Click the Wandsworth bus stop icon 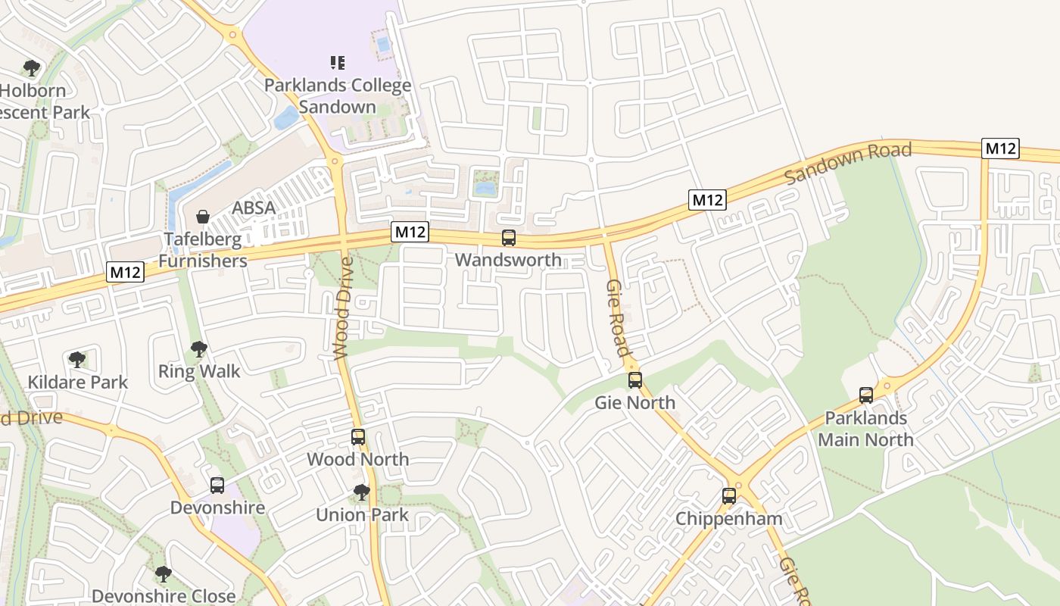(x=509, y=238)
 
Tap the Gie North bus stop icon (x=634, y=380)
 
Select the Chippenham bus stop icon (x=728, y=496)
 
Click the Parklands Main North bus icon (x=865, y=395)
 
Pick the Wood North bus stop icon (x=358, y=437)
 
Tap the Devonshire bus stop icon (x=217, y=486)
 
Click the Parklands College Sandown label (x=338, y=95)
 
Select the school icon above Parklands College (x=338, y=62)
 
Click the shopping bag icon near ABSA (x=203, y=217)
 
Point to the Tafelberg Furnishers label (x=203, y=251)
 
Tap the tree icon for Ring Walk (x=199, y=349)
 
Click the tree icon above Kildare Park (x=76, y=360)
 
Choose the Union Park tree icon (x=362, y=492)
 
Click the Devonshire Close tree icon (x=163, y=574)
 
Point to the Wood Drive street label (x=343, y=308)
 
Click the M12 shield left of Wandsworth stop (x=410, y=232)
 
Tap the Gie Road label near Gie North (x=617, y=317)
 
